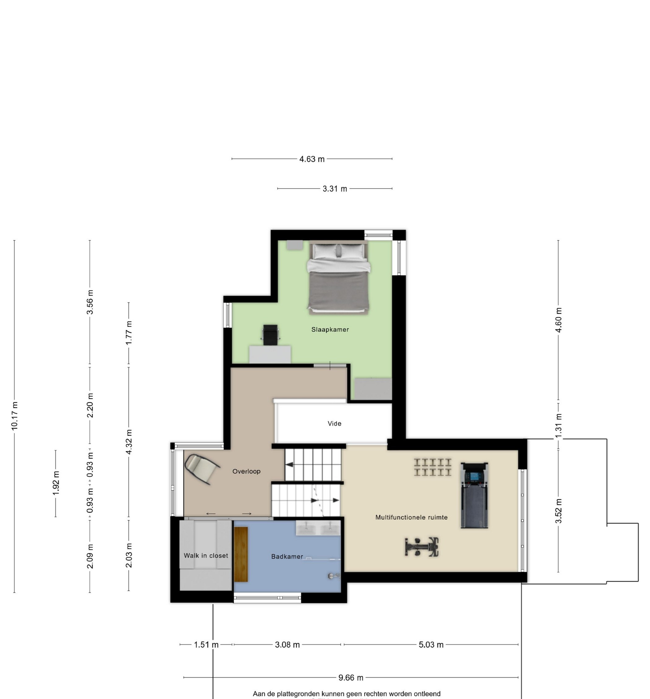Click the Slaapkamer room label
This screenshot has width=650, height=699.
tap(330, 330)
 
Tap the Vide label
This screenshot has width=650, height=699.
tap(335, 423)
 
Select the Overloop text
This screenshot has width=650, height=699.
tap(246, 471)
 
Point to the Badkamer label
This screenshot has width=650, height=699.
tap(287, 557)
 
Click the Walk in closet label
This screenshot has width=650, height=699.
tap(206, 556)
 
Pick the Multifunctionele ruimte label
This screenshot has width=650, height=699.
tap(411, 517)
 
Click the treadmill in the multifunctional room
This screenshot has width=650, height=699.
tap(474, 495)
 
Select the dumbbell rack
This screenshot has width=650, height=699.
tap(432, 467)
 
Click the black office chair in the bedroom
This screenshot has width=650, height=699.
tap(270, 335)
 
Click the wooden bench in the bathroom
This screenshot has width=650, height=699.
tap(241, 554)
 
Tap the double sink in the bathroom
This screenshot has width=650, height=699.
tap(318, 528)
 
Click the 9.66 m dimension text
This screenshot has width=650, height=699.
tap(351, 677)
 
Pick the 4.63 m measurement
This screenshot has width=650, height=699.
tap(312, 159)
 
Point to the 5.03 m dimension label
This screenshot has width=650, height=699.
tap(431, 644)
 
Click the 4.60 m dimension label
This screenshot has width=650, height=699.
tap(559, 320)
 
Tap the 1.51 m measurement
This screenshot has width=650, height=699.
tap(206, 644)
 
